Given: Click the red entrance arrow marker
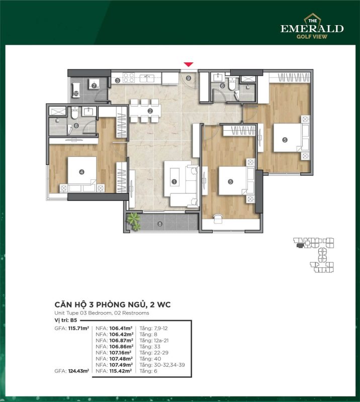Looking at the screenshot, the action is point(189,64).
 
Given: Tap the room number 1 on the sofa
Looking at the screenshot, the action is point(174,182).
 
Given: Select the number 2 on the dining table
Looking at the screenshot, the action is point(150,111).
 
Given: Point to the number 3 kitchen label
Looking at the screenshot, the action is point(118,80).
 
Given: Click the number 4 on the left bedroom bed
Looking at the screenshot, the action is point(81,172).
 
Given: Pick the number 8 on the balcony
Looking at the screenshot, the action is point(160,224).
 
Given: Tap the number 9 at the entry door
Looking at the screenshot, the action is point(189,78).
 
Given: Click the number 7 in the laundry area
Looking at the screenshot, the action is point(94,85).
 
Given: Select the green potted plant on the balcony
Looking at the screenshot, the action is point(134,221).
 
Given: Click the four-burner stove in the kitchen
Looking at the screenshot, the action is point(129,78).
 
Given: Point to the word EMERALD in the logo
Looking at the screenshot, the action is point(312,29).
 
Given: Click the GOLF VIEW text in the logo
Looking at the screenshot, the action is point(312,36).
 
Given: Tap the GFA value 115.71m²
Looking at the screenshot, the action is point(79,328).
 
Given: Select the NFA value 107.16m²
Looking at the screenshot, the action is point(121,353).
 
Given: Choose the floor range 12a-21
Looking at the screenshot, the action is point(161,341).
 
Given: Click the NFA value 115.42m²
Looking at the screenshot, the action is point(121,371).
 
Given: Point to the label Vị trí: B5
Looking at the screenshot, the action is point(66,320).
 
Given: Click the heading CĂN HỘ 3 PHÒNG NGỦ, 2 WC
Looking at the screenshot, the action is point(113,305).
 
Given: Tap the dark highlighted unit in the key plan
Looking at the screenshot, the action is point(299,246).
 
